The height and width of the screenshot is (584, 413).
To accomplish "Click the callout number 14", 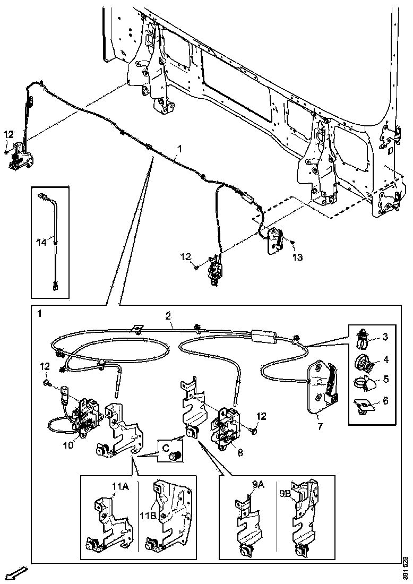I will point(41,242).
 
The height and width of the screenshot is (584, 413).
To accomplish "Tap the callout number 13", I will point(297,257).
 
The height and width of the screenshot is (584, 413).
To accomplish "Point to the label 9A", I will point(259,484).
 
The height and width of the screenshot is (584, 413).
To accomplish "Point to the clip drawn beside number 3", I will point(362,337).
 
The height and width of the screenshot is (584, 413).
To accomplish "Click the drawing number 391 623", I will point(405,568).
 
